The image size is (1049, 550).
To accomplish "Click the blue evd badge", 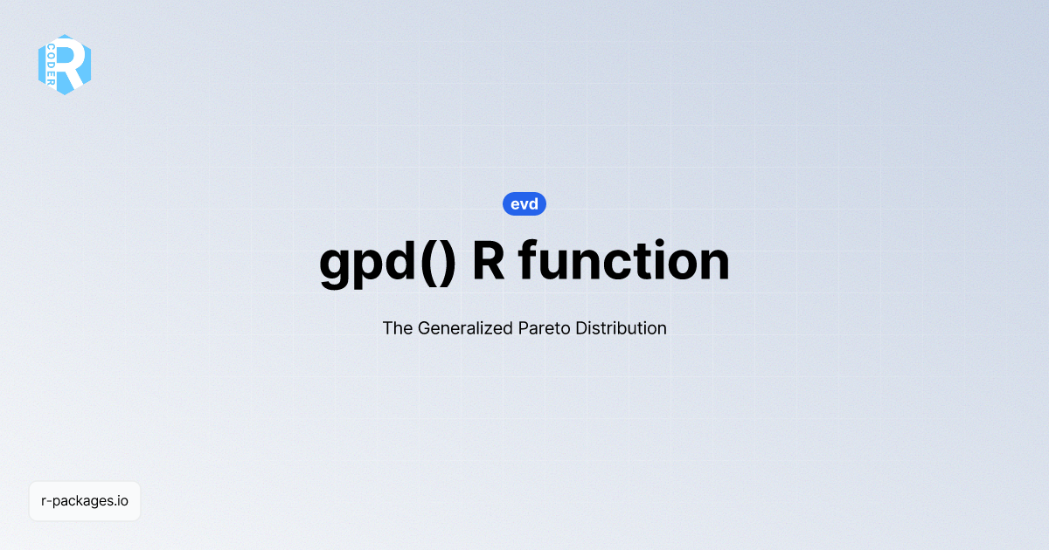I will pyautogui.click(x=524, y=204).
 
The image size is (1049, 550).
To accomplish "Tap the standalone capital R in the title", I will pyautogui.click(x=489, y=260).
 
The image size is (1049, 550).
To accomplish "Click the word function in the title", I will pyautogui.click(x=623, y=260).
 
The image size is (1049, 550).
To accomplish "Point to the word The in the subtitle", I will pyautogui.click(x=397, y=328).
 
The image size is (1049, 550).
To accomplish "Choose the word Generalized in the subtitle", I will pyautogui.click(x=460, y=328).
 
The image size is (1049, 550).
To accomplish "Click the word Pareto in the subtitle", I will pyautogui.click(x=542, y=328).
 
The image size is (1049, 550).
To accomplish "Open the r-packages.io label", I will pyautogui.click(x=85, y=501).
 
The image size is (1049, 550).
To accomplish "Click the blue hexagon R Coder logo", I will pyautogui.click(x=65, y=65).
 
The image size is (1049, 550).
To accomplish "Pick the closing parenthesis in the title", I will pyautogui.click(x=448, y=262).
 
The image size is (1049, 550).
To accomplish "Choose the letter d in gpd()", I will pyautogui.click(x=404, y=260).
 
